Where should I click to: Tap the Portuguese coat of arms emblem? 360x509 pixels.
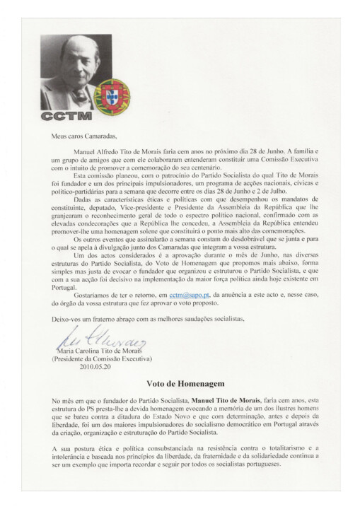110,94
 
